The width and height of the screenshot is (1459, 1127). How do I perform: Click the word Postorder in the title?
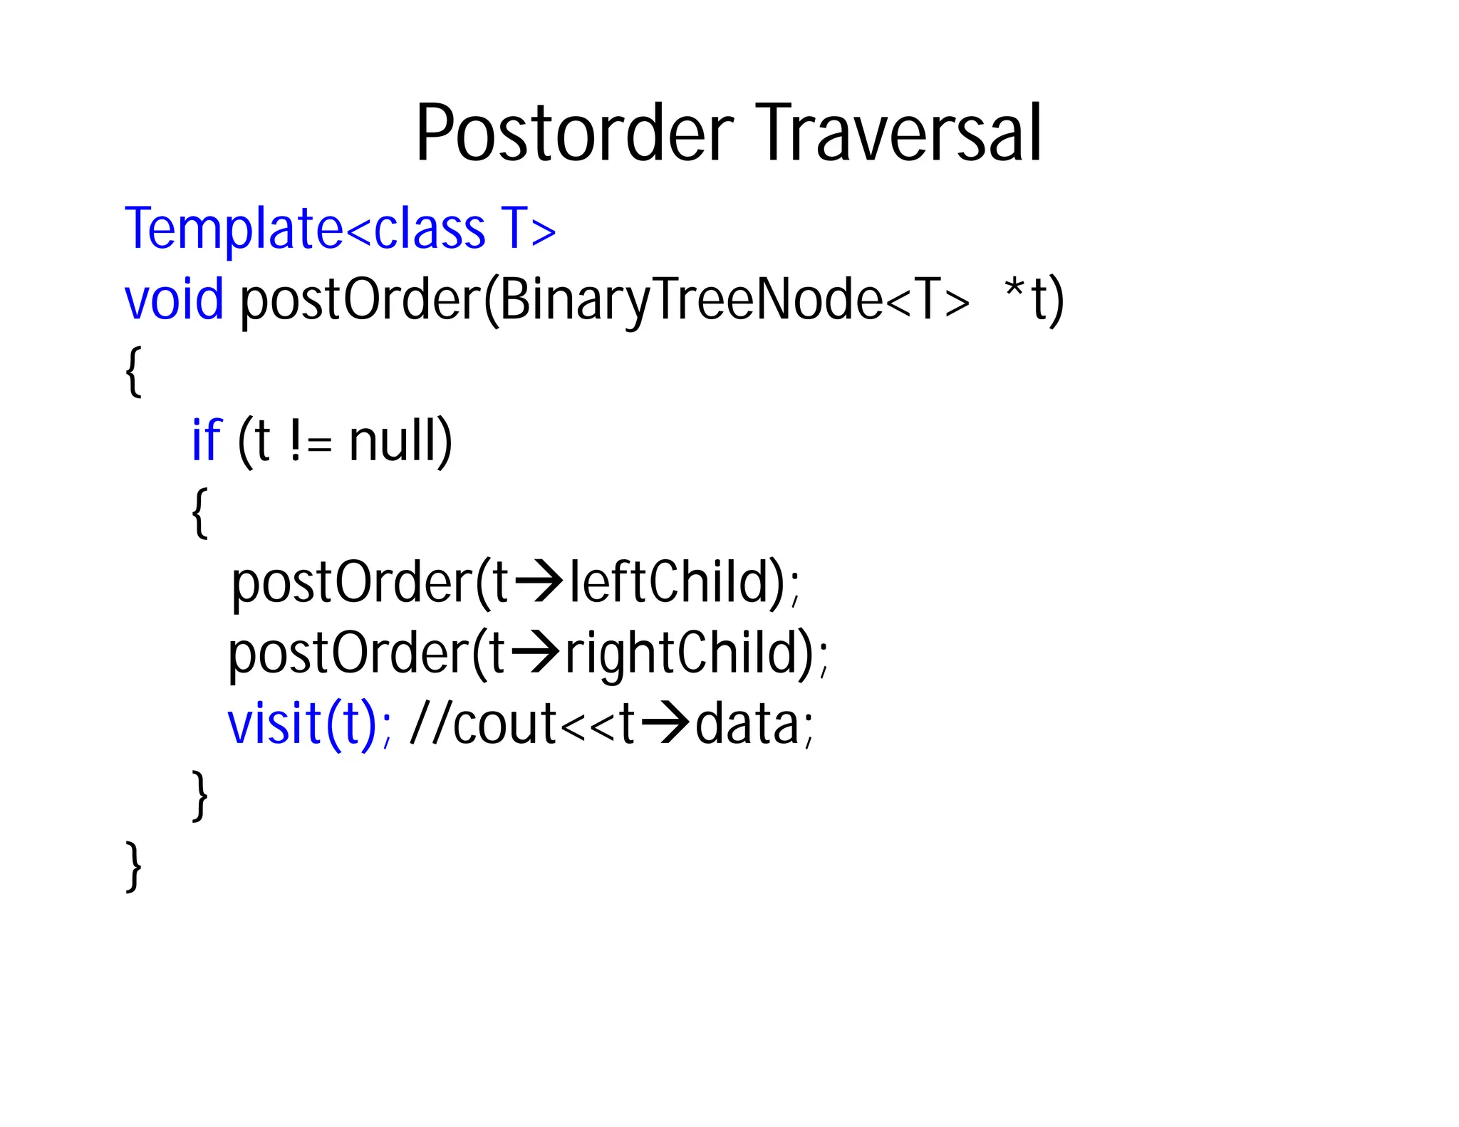pyautogui.click(x=574, y=134)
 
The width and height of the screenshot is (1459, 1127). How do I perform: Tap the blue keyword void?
pyautogui.click(x=174, y=300)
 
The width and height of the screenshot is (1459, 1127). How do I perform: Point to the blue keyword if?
pyautogui.click(x=207, y=440)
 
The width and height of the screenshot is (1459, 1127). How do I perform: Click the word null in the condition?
pyautogui.click(x=400, y=440)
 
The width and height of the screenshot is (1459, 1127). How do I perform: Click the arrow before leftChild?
pyautogui.click(x=539, y=582)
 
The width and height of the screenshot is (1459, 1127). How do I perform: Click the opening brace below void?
pyautogui.click(x=133, y=371)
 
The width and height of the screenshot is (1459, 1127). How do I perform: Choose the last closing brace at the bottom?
pyautogui.click(x=133, y=866)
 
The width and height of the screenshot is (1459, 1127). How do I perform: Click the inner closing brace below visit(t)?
pyautogui.click(x=200, y=795)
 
